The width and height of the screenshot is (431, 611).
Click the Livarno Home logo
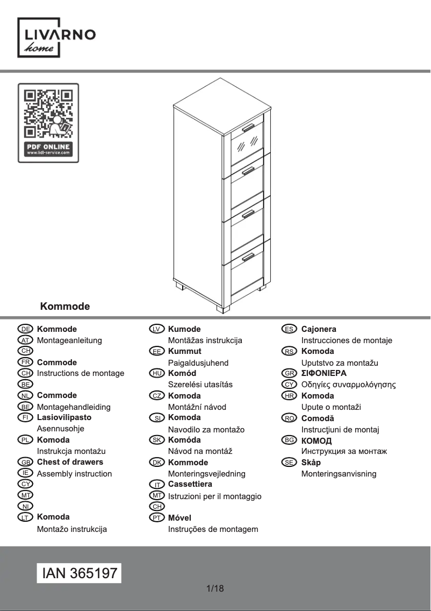tap(57, 38)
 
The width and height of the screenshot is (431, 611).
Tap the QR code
tap(48, 112)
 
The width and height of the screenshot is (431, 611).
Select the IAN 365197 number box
tap(79, 573)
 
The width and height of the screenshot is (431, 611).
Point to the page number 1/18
tap(215, 588)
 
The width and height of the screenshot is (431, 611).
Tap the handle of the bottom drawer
tap(248, 257)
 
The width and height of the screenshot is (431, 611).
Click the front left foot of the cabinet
tap(223, 309)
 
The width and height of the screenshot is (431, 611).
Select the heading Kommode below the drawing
tap(65, 307)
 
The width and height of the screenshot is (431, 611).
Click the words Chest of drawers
tap(70, 462)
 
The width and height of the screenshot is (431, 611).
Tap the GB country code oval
tap(25, 463)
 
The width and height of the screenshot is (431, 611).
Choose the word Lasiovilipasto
tap(64, 417)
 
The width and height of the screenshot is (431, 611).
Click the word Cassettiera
tap(190, 484)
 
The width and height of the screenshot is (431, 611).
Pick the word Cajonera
tap(319, 329)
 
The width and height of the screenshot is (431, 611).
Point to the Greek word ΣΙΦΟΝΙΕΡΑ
tap(324, 373)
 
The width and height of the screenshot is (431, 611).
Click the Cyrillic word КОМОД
tap(317, 441)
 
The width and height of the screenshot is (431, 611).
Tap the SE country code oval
tap(289, 463)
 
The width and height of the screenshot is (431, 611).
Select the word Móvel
tap(179, 518)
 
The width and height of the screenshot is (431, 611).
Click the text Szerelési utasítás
tap(200, 385)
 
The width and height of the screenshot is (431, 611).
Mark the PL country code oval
tap(25, 440)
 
